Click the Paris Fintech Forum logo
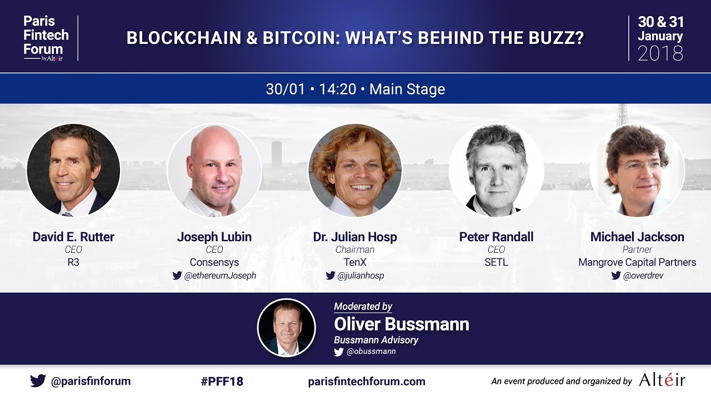46,38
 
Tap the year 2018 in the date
660,53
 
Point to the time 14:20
337,89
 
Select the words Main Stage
407,89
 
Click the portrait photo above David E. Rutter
73,170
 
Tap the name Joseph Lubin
214,237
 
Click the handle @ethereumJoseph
220,276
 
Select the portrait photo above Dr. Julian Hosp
355,170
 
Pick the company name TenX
355,262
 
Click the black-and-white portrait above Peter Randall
496,170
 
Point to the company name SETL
496,262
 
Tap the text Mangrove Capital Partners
637,262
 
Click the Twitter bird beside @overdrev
616,276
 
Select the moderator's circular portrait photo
287,328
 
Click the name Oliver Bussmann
401,324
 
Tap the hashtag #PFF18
222,381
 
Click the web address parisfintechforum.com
367,381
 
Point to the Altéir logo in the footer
662,381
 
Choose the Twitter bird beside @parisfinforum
38,381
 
